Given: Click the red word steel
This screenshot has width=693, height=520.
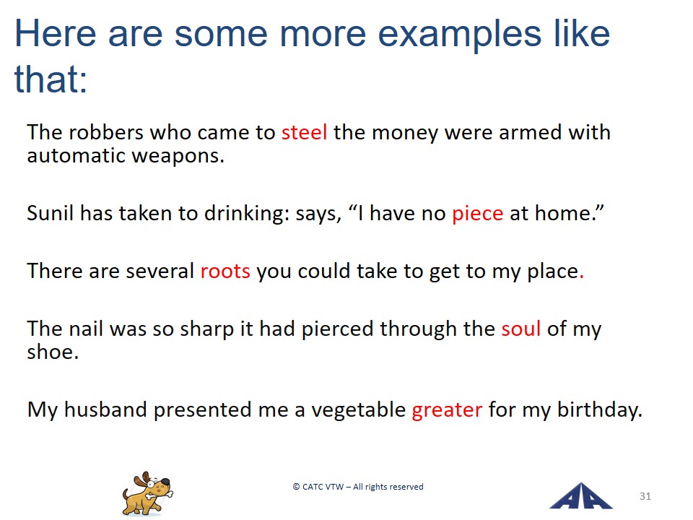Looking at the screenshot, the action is tap(304, 132).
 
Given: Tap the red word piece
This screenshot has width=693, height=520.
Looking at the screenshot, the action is tap(477, 214).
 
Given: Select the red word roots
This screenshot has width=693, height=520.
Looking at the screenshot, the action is tap(225, 271).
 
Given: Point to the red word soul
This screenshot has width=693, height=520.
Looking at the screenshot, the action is tap(520, 329).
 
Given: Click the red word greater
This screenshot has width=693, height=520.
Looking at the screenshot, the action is tap(447, 410).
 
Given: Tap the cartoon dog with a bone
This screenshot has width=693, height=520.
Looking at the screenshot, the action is tap(147, 493).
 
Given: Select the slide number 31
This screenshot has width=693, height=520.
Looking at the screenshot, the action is tap(645, 496).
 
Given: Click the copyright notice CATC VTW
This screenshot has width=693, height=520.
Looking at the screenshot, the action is tap(358, 486).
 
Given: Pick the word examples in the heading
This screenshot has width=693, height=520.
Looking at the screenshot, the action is tap(459, 34).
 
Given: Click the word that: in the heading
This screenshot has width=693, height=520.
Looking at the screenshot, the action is tap(51, 79).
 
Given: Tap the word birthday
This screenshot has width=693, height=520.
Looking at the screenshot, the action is tap(599, 410).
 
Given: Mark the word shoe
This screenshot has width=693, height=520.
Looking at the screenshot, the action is tap(53, 352).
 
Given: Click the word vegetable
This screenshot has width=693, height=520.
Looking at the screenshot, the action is tap(359, 410).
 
